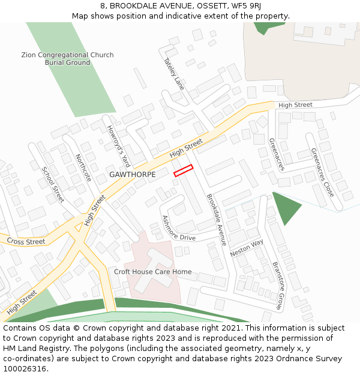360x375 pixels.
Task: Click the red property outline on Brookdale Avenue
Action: click(183, 170)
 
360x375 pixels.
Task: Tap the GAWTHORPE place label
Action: click(133, 175)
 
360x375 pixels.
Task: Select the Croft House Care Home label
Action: click(153, 272)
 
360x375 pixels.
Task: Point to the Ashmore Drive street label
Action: click(178, 228)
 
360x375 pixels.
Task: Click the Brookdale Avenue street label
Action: click(216, 220)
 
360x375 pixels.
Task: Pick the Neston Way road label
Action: click(247, 248)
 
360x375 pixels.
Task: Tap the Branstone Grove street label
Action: click(277, 286)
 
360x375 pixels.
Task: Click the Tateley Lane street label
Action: click(173, 74)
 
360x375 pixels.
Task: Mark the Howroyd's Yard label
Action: click(118, 146)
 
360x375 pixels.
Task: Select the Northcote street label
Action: click(83, 168)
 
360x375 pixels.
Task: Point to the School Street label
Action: click(52, 184)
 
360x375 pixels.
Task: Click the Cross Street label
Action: click(26, 242)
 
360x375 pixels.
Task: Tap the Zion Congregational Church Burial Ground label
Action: click(67, 59)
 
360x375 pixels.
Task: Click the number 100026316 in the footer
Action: click(25, 369)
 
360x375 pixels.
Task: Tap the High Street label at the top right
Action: click(295, 105)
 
